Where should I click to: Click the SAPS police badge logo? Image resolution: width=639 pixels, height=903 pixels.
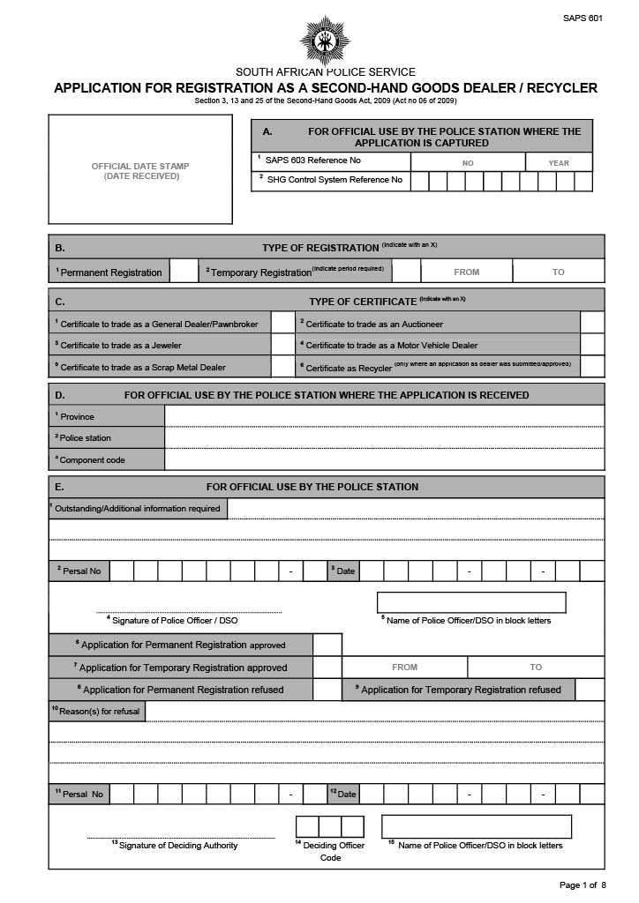click(325, 41)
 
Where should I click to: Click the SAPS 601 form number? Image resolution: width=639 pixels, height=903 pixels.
click(583, 18)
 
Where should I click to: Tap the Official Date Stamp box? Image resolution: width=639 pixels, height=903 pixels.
click(140, 170)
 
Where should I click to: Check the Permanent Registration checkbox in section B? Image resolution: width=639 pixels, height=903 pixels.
click(184, 272)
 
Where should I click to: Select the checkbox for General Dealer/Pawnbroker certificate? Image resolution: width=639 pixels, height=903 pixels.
click(282, 324)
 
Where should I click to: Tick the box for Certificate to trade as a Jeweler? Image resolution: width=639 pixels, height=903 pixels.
click(282, 345)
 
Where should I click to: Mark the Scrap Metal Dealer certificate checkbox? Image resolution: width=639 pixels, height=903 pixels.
click(282, 367)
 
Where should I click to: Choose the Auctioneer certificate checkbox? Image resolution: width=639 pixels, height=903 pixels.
click(592, 324)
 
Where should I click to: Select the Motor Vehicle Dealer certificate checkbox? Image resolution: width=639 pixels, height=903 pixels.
click(592, 345)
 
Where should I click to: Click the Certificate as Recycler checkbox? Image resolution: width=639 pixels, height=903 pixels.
click(592, 367)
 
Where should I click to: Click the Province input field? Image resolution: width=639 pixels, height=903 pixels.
click(384, 416)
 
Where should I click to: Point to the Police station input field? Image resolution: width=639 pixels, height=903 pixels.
click(384, 437)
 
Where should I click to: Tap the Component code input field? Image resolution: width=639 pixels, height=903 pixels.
click(384, 459)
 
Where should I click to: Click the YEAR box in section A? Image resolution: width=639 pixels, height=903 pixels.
click(559, 162)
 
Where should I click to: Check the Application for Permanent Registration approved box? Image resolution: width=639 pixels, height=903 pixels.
click(327, 645)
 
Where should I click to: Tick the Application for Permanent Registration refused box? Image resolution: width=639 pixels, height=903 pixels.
click(327, 690)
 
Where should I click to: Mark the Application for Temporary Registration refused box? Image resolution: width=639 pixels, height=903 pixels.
click(590, 690)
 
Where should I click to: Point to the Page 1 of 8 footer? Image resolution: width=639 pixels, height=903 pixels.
click(583, 884)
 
